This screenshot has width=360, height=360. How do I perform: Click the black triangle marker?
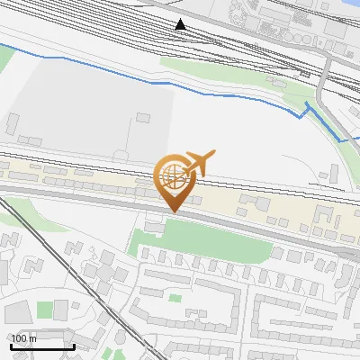point(181,24)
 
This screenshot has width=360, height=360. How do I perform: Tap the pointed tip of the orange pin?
point(173,211)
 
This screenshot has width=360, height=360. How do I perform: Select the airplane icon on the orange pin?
point(199,162)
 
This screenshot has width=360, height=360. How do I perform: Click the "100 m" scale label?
point(24,338)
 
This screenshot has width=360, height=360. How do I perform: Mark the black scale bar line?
point(41,346)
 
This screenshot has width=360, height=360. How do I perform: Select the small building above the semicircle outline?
point(144,117)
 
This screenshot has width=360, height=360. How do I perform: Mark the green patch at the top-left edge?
point(5,59)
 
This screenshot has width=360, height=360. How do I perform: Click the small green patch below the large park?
point(175,297)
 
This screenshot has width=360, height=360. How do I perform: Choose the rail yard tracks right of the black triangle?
point(261,45)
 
